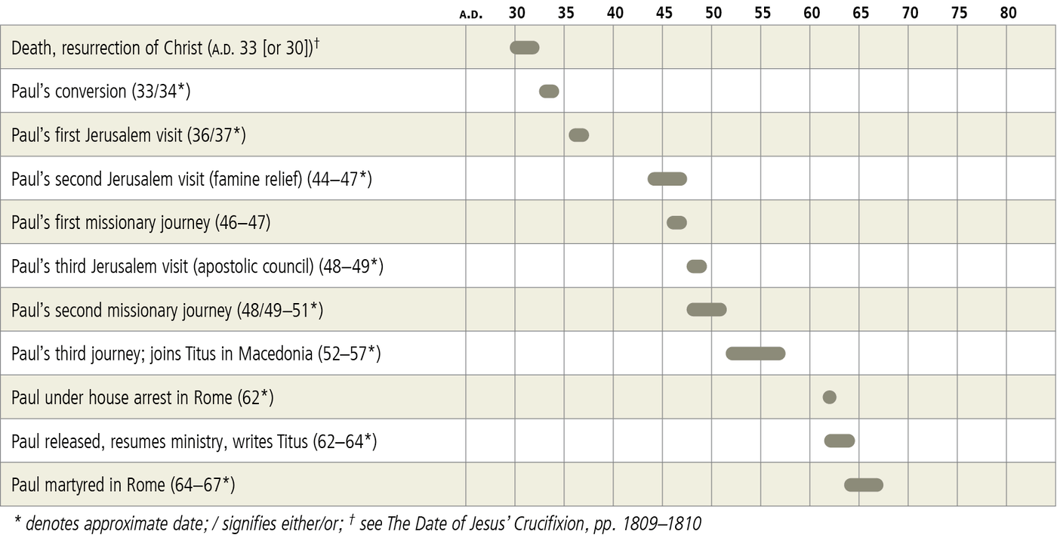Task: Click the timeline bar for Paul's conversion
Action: coord(549,91)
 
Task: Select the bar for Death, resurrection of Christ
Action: coord(525,48)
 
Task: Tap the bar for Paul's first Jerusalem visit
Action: coord(578,135)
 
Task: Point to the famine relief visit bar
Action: coord(667,179)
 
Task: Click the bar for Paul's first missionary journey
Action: coord(677,223)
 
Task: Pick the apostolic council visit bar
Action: coord(697,267)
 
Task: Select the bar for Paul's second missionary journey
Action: coord(707,310)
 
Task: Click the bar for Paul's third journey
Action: coord(756,354)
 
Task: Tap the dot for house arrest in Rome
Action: coord(829,397)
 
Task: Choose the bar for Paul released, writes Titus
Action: coord(840,441)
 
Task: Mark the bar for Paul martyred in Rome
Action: coord(864,485)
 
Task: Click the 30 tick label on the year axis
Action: coord(517,13)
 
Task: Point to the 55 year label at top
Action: coord(763,13)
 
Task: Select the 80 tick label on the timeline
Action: coord(1008,13)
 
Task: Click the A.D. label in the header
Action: coord(471,14)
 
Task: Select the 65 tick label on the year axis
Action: coord(861,13)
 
